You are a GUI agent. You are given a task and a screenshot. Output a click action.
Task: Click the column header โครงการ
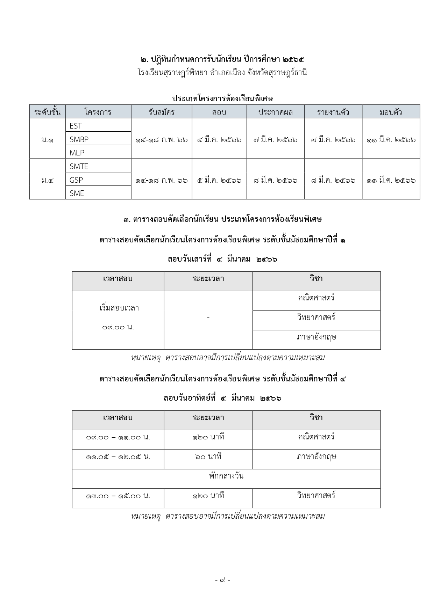[98, 112]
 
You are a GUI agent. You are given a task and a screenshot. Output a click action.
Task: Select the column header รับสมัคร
[161, 112]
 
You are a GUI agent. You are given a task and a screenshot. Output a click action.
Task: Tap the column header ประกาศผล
[276, 112]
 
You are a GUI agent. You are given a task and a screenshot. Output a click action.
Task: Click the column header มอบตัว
[391, 112]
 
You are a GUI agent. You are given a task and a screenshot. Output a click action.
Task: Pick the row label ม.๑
[47, 140]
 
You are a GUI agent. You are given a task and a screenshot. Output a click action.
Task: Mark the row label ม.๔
[47, 180]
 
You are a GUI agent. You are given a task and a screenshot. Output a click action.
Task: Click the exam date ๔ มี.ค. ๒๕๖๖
[219, 140]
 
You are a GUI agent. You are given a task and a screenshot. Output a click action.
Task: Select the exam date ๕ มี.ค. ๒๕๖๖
[219, 180]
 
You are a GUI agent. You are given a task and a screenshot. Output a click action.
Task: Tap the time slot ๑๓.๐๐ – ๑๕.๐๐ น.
[118, 496]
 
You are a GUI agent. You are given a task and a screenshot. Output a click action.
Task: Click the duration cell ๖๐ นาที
[208, 457]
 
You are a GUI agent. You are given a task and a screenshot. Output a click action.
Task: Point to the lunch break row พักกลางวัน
[226, 476]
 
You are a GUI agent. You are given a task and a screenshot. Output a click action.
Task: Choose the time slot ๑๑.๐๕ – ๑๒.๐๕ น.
[118, 457]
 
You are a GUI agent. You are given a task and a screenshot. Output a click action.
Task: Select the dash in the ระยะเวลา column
[208, 318]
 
